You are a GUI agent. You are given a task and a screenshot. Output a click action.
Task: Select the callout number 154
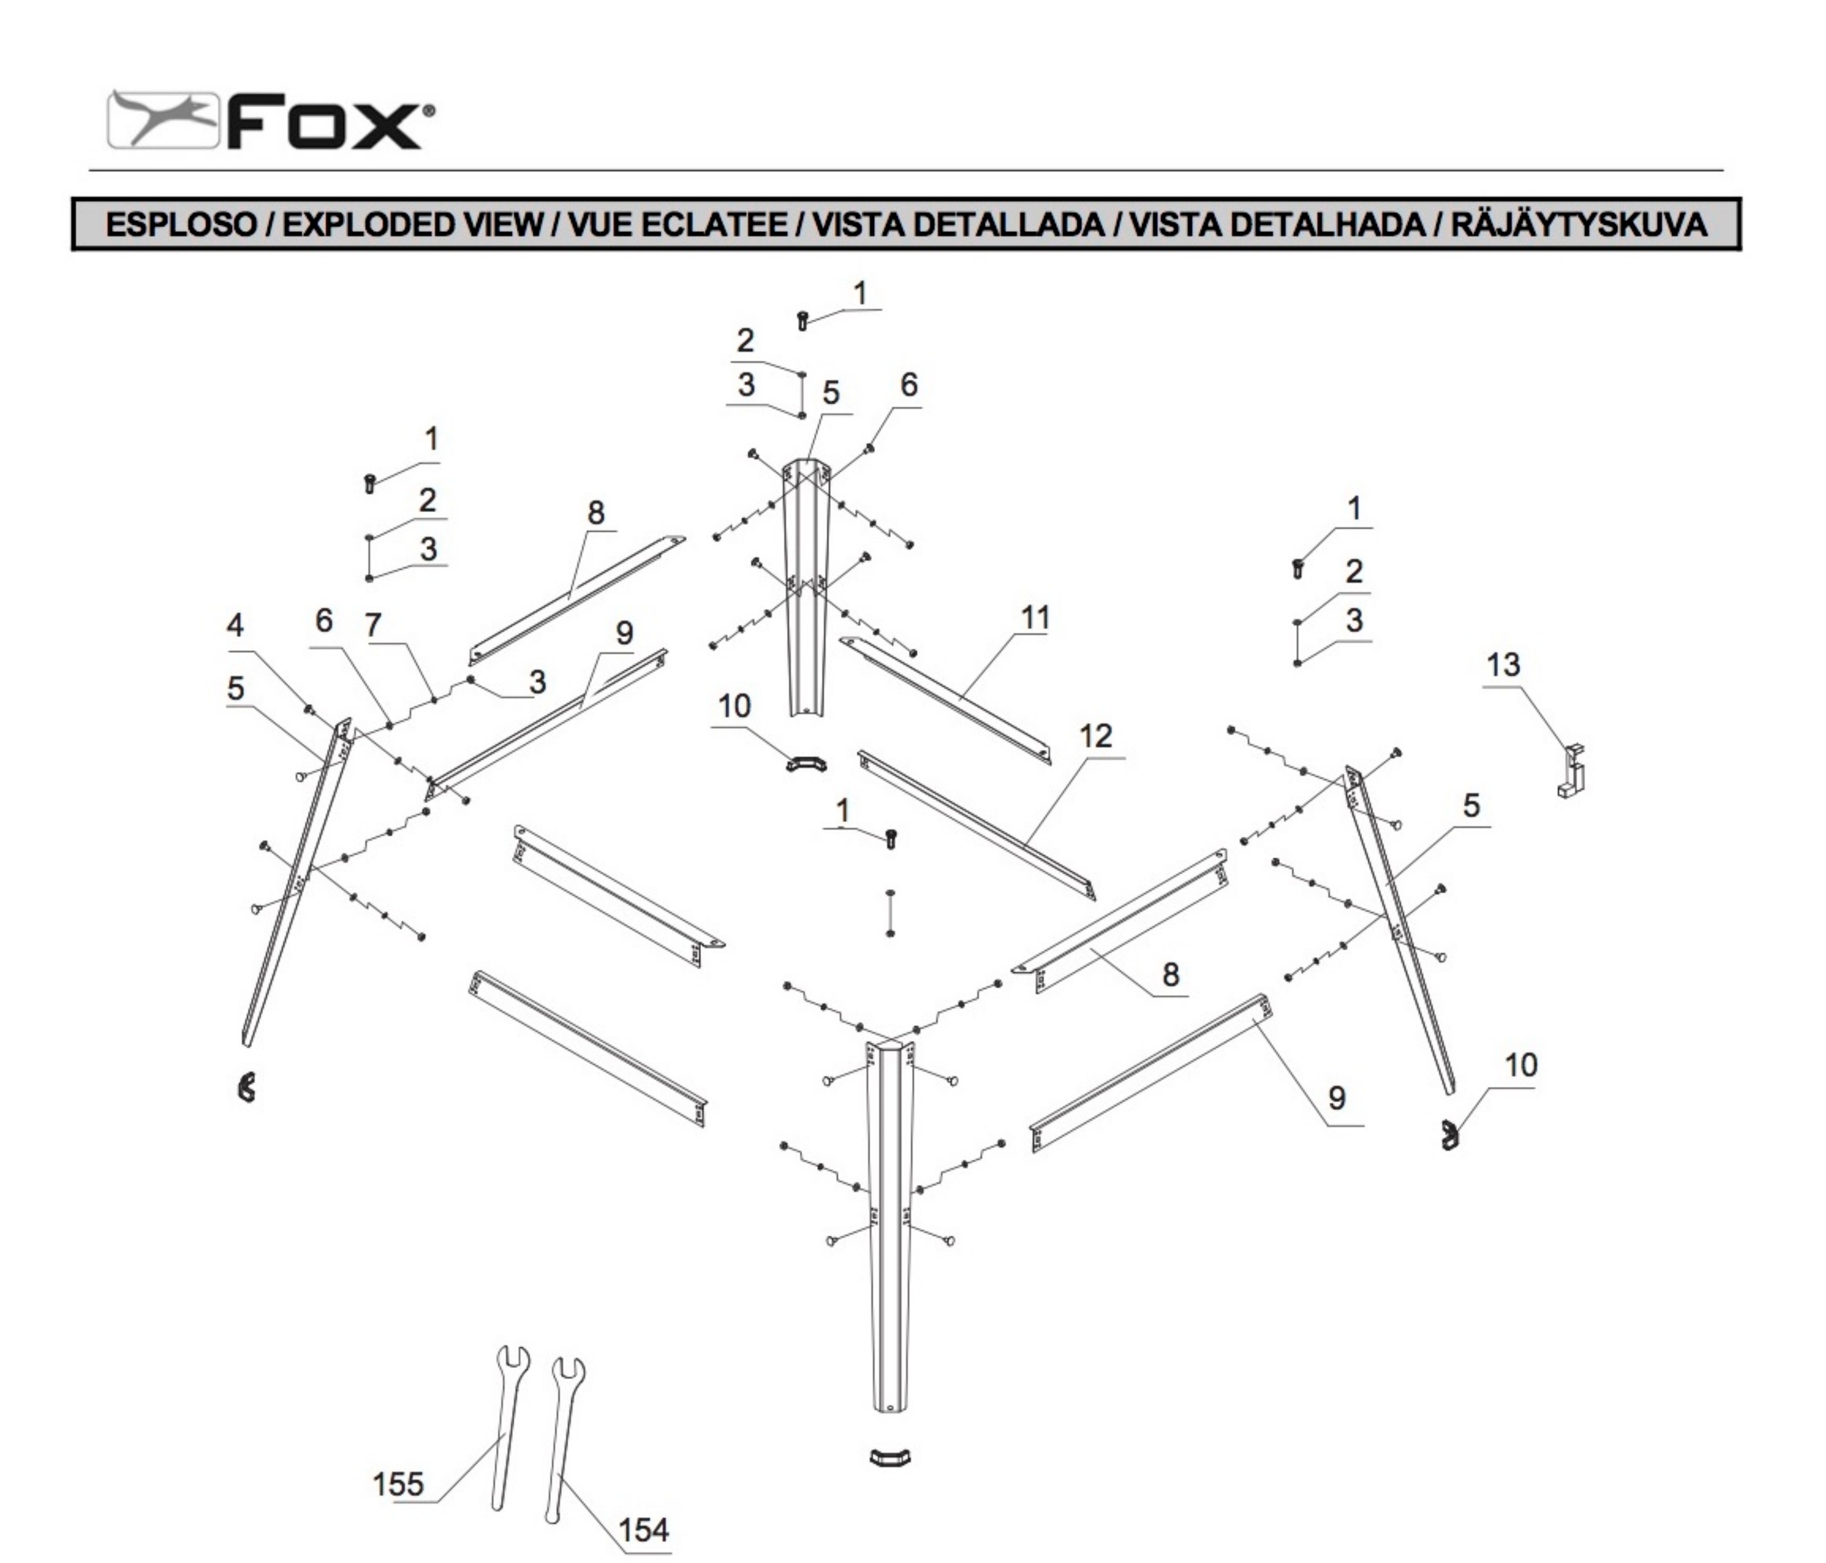click(x=643, y=1530)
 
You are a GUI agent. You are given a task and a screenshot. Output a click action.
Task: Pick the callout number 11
click(x=1036, y=618)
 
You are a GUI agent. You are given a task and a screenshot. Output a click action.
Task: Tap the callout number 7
click(x=373, y=625)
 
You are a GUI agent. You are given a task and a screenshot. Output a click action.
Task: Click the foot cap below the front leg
click(x=889, y=1456)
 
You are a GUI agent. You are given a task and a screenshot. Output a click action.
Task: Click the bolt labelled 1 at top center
click(x=803, y=320)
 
